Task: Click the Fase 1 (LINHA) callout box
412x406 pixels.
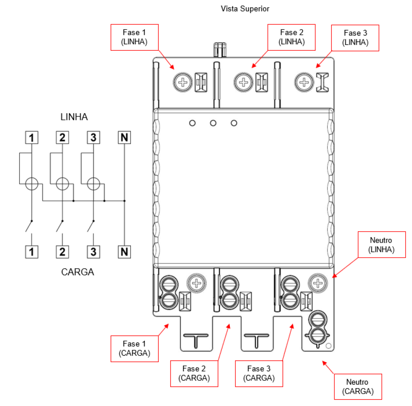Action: click(134, 37)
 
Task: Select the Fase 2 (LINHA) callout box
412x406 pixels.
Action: click(291, 37)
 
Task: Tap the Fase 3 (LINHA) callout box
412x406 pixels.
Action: click(355, 38)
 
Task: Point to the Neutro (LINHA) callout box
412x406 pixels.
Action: click(382, 245)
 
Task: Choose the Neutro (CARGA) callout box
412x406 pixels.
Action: click(358, 386)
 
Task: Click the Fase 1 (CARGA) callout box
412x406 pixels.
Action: click(134, 349)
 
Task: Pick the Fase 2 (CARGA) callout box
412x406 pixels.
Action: click(194, 374)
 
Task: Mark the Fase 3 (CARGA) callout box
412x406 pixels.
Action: click(259, 374)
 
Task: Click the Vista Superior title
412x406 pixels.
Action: click(245, 9)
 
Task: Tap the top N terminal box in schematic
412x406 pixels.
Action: click(124, 137)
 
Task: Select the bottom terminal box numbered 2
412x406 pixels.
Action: click(62, 252)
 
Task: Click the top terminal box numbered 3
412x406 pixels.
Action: click(93, 137)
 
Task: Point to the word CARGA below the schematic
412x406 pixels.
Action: click(78, 272)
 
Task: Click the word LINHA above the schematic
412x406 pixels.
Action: click(74, 117)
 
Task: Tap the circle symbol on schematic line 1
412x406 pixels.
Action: click(32, 184)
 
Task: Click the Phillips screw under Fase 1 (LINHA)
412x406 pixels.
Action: click(183, 82)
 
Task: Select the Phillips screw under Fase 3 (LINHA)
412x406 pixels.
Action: click(304, 82)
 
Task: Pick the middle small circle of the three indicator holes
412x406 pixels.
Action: click(213, 123)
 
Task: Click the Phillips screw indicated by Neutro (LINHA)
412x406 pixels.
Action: click(318, 283)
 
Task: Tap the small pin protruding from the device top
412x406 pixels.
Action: click(220, 49)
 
